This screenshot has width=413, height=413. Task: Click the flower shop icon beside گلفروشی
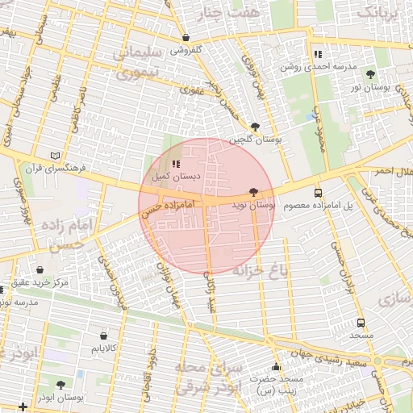(x=186, y=37)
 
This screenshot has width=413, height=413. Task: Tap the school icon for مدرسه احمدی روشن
(x=317, y=54)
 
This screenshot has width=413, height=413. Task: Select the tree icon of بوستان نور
(x=370, y=73)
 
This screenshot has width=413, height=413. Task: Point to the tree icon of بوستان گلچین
(x=256, y=127)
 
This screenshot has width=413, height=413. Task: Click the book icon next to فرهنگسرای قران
(x=55, y=156)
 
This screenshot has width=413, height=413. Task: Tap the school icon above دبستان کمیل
(x=177, y=164)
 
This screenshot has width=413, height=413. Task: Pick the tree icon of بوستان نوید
(x=255, y=192)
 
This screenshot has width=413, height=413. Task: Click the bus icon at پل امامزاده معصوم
(x=318, y=193)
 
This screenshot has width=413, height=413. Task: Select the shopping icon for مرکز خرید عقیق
(x=40, y=269)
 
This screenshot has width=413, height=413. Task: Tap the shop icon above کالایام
(x=103, y=336)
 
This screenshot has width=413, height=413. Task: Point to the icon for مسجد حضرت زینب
(x=277, y=367)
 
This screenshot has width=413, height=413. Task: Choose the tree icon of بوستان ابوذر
(x=60, y=385)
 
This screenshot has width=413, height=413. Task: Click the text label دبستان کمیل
(x=170, y=176)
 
